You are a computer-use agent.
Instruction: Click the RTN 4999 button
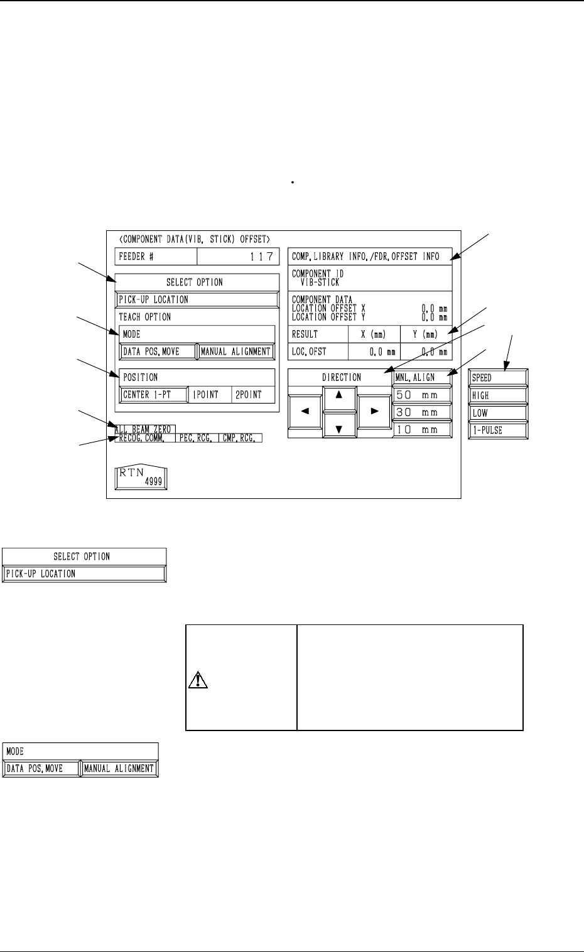141,477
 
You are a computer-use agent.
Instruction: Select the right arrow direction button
374,412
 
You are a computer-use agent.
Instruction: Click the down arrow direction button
340,428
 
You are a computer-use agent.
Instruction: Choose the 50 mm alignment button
422,395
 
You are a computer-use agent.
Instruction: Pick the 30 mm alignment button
422,412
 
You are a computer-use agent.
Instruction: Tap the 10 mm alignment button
422,430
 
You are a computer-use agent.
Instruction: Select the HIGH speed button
499,395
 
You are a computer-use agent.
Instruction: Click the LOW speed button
499,413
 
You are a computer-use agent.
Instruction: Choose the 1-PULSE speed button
499,431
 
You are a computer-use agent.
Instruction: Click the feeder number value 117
238,257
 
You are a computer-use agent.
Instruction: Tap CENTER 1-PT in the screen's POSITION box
154,395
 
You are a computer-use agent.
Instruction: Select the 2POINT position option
249,395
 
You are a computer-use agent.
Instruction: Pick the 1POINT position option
205,395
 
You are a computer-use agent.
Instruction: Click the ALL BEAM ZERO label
143,429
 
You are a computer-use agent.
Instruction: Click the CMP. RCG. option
239,438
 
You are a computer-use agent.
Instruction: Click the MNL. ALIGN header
422,377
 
